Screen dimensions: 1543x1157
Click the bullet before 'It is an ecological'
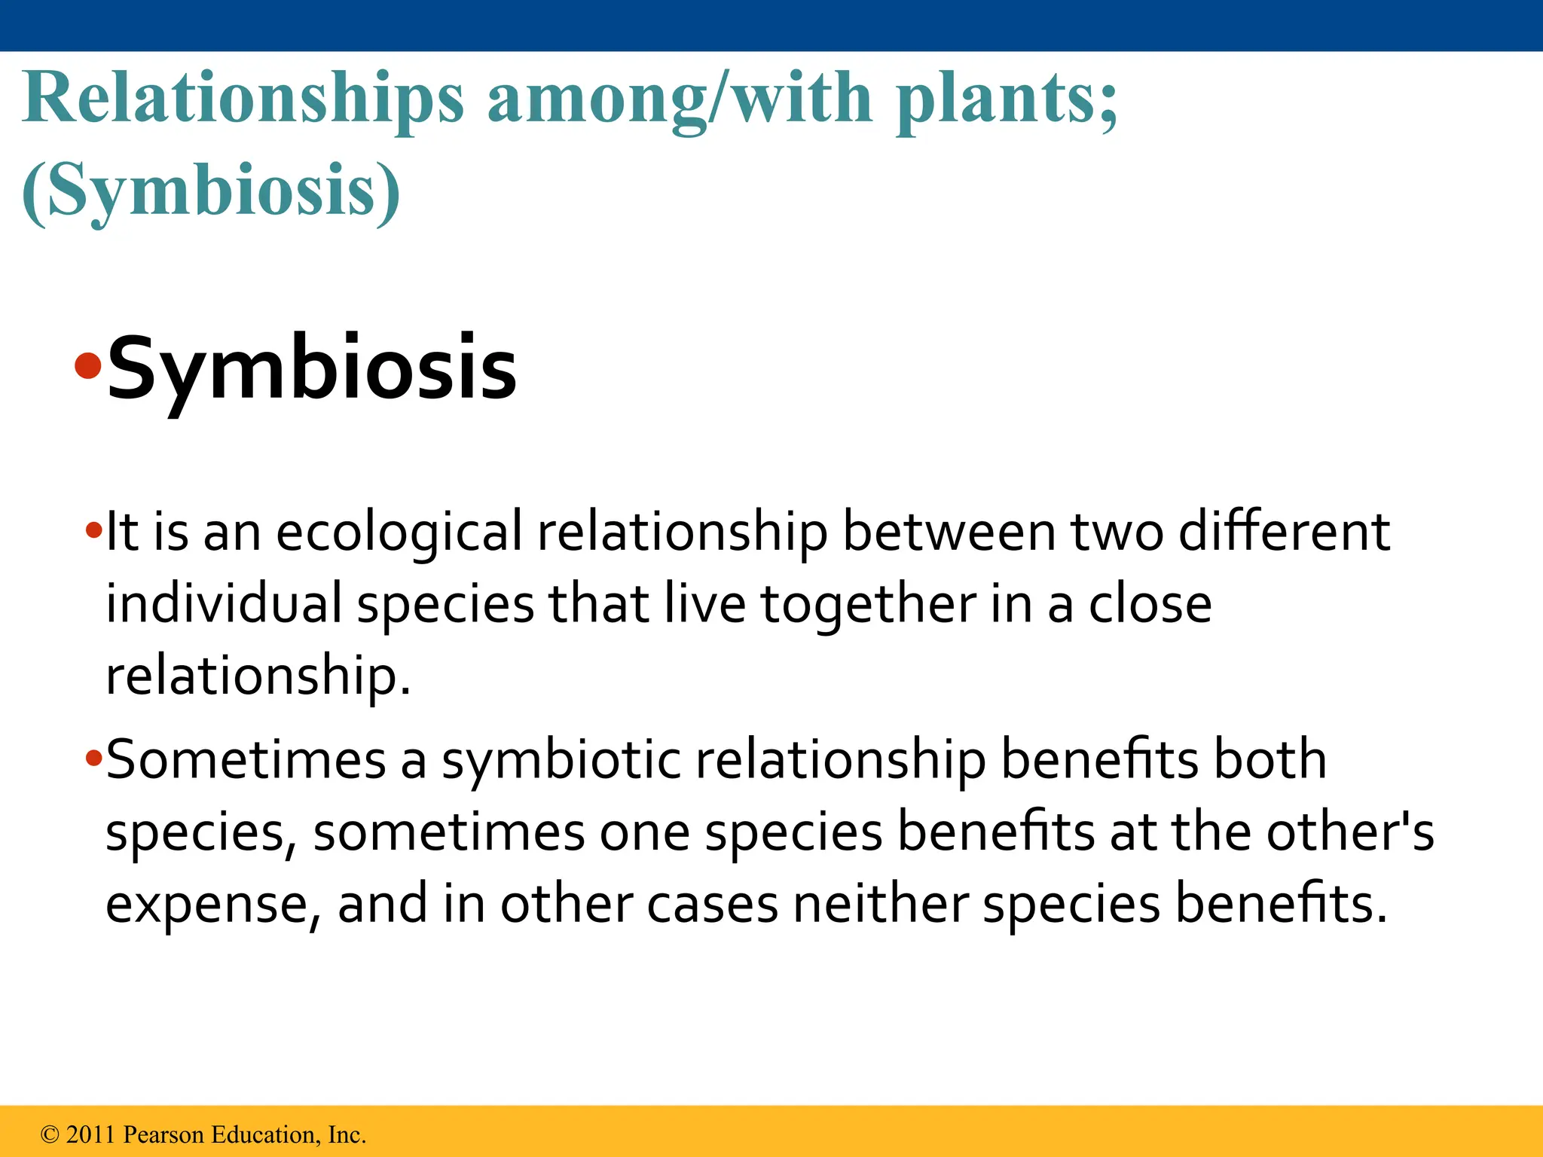click(93, 531)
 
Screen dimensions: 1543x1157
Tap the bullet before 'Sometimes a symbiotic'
click(93, 758)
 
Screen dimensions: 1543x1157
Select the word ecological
click(399, 533)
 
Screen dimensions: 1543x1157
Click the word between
click(949, 531)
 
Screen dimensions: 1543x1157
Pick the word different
click(1283, 531)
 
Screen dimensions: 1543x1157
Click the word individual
click(224, 603)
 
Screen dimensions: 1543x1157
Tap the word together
click(868, 605)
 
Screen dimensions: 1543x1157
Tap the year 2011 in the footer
click(90, 1134)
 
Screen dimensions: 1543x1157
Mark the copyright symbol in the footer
click(50, 1135)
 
